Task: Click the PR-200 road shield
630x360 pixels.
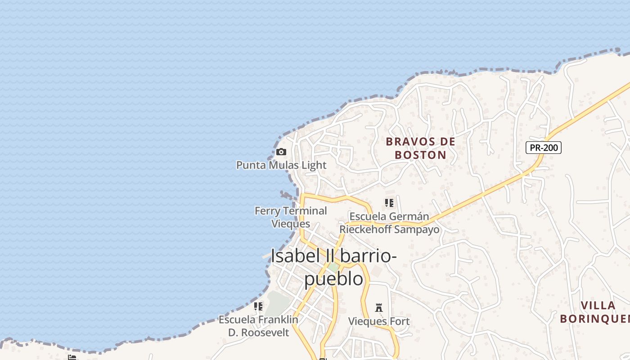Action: coord(544,147)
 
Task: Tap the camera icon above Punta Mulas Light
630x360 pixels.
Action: coord(281,152)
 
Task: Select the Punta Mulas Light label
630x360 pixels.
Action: coord(281,165)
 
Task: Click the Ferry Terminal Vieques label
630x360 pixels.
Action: coord(291,217)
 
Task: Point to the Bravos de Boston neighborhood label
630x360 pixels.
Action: coord(421,148)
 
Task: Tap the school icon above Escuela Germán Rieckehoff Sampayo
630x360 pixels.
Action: coord(389,203)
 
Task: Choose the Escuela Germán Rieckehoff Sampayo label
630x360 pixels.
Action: coord(389,223)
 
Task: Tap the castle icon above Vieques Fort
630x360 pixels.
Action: coord(379,308)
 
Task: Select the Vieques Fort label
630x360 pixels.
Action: coord(379,321)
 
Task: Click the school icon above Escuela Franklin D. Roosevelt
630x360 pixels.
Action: coord(258,306)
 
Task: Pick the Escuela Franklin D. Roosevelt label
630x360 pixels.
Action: coord(258,326)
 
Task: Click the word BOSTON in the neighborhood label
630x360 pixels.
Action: coord(421,155)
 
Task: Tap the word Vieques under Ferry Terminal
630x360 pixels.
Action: coord(291,224)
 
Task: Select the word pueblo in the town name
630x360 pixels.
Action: coord(334,279)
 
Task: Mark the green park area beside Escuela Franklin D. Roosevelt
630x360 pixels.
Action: coord(277,303)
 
